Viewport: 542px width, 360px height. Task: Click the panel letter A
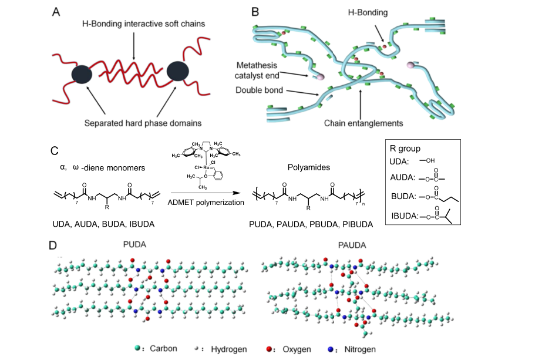click(x=55, y=12)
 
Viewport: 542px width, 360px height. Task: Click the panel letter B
click(x=255, y=11)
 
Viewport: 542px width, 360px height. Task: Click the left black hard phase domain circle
click(x=82, y=74)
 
